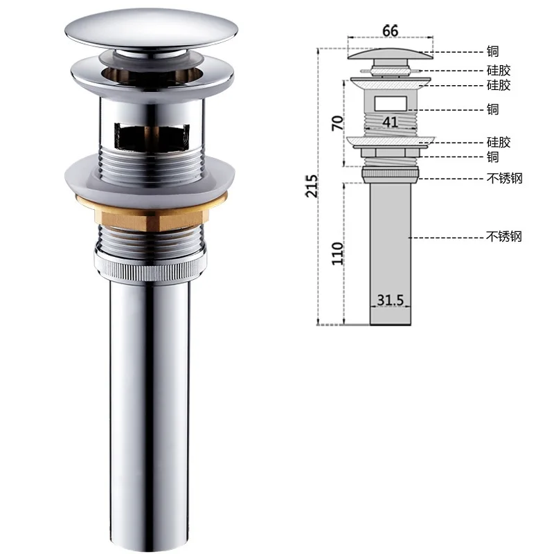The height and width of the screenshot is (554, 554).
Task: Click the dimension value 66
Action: tap(390, 30)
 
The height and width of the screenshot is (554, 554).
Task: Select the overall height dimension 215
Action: tap(312, 186)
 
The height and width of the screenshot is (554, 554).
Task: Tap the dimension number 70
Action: tap(337, 123)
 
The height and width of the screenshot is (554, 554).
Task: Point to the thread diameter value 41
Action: tap(390, 123)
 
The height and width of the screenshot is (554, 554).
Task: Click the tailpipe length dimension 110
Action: tap(337, 253)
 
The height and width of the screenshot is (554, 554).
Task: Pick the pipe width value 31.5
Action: tap(390, 300)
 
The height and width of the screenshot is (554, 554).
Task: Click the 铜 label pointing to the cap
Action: tap(492, 51)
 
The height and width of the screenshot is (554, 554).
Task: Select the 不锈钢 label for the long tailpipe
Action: tap(504, 236)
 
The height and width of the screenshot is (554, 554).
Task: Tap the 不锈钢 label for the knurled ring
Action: tap(504, 179)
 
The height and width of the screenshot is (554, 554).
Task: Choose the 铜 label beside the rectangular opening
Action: tap(492, 109)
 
